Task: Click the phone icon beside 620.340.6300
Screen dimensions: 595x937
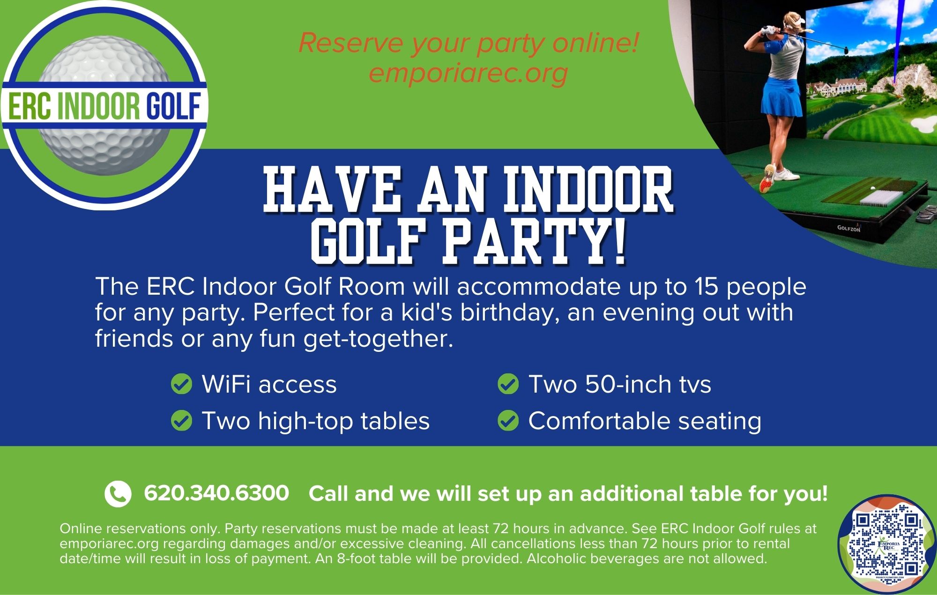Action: [118, 494]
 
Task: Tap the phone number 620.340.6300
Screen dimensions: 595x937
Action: [216, 493]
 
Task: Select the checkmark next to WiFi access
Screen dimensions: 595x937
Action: [181, 384]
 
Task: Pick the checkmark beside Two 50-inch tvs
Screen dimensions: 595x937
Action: [508, 384]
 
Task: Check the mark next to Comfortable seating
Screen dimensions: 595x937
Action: [508, 420]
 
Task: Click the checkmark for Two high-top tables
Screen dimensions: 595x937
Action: [181, 420]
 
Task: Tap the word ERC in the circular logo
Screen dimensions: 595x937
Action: [29, 107]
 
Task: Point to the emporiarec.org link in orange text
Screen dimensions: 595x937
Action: [468, 73]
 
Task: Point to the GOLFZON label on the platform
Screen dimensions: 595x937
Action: [848, 229]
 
